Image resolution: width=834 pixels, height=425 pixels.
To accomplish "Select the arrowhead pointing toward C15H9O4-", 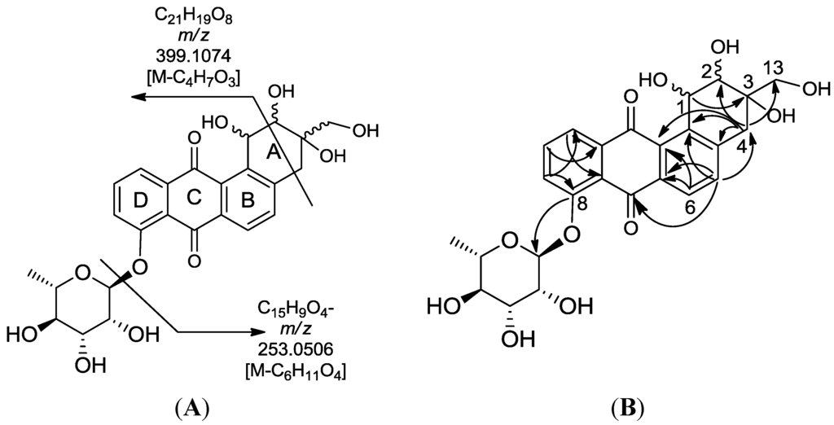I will pyautogui.click(x=258, y=331).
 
